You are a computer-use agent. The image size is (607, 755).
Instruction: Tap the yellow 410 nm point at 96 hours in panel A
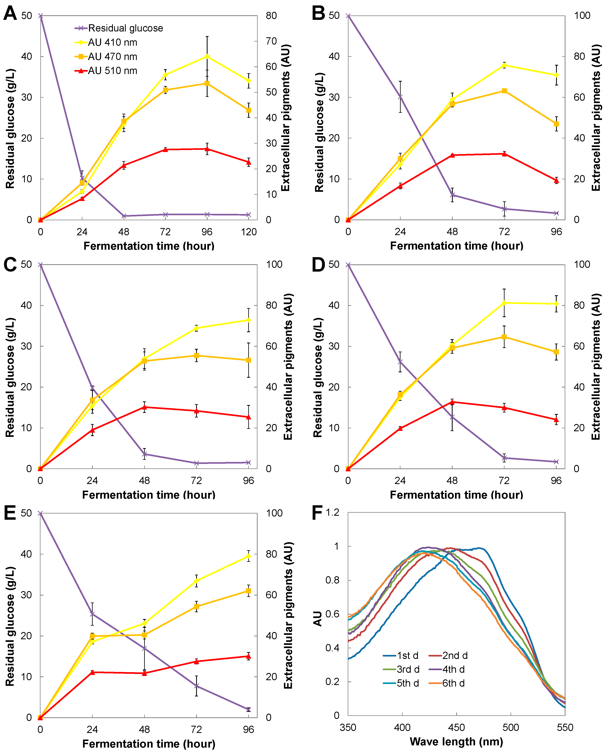(207, 56)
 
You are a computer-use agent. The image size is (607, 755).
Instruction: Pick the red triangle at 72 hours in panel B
(504, 154)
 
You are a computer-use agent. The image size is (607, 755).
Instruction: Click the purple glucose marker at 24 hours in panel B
(400, 97)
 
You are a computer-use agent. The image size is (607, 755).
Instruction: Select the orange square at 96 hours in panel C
(248, 360)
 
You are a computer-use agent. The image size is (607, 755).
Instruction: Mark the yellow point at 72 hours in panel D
(504, 303)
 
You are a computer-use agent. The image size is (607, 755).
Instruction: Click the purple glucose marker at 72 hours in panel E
(196, 686)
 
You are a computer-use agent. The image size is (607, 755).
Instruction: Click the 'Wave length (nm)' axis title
(456, 741)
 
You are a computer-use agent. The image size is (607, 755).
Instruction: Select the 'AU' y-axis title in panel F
(317, 618)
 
